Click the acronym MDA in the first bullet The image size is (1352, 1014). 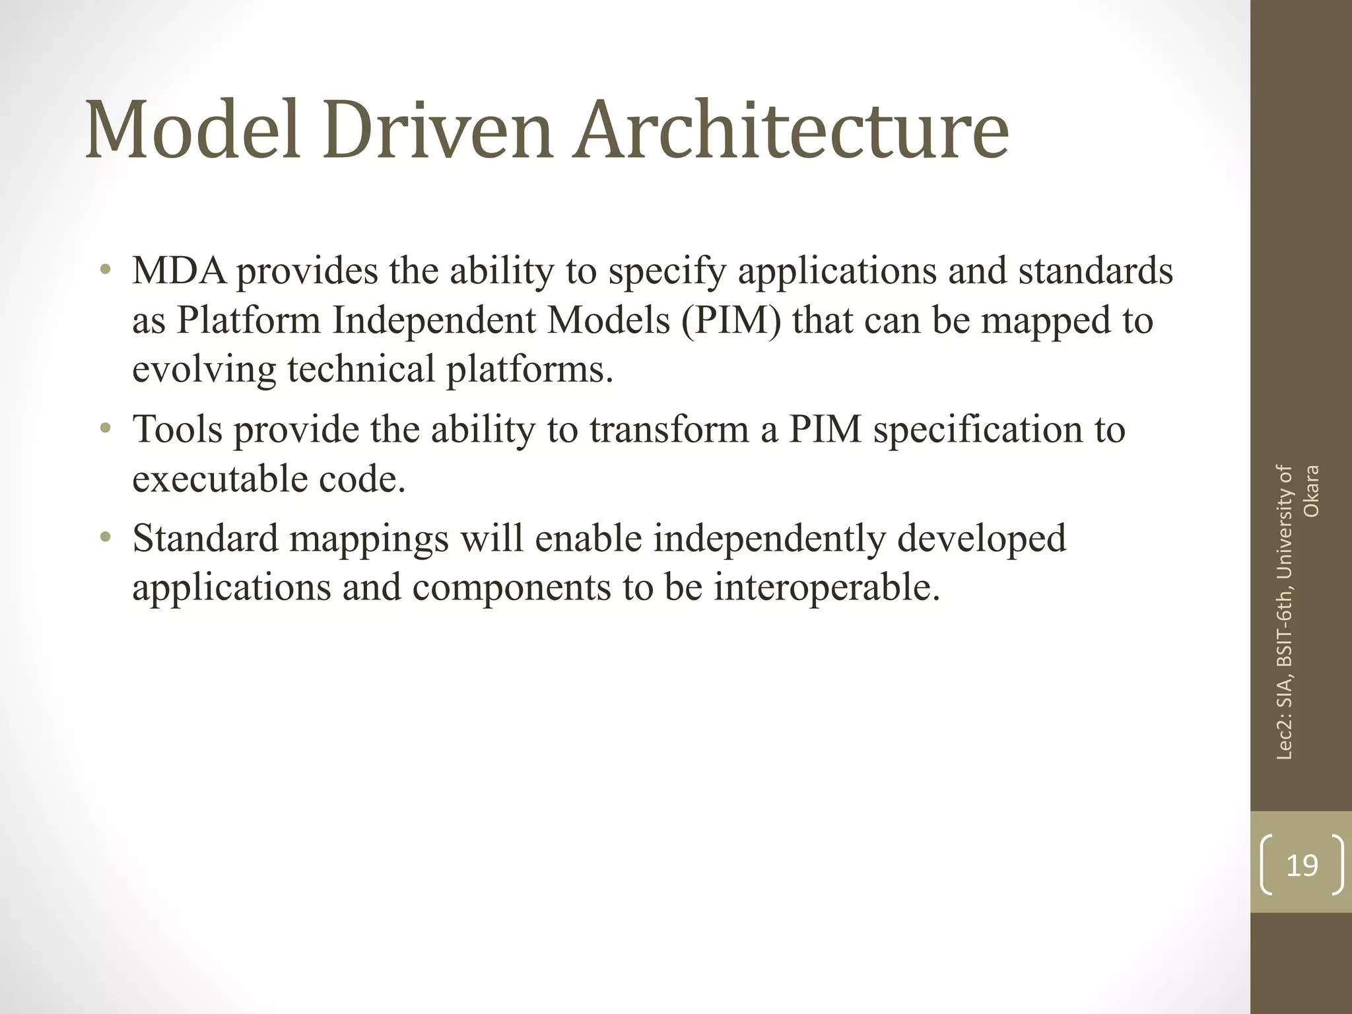tap(180, 271)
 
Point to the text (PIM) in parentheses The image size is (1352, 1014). tap(731, 321)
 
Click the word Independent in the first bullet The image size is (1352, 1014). tap(435, 321)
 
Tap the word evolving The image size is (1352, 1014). tap(204, 370)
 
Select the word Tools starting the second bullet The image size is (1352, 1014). tap(178, 430)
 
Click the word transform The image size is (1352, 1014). tap(669, 430)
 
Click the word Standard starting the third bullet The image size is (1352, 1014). tap(205, 539)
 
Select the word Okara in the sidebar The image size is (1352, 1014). tap(1312, 491)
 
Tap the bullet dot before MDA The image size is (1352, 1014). tap(105, 271)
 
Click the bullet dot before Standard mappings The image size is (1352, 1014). tap(105, 538)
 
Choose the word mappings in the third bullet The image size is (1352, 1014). tap(369, 539)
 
